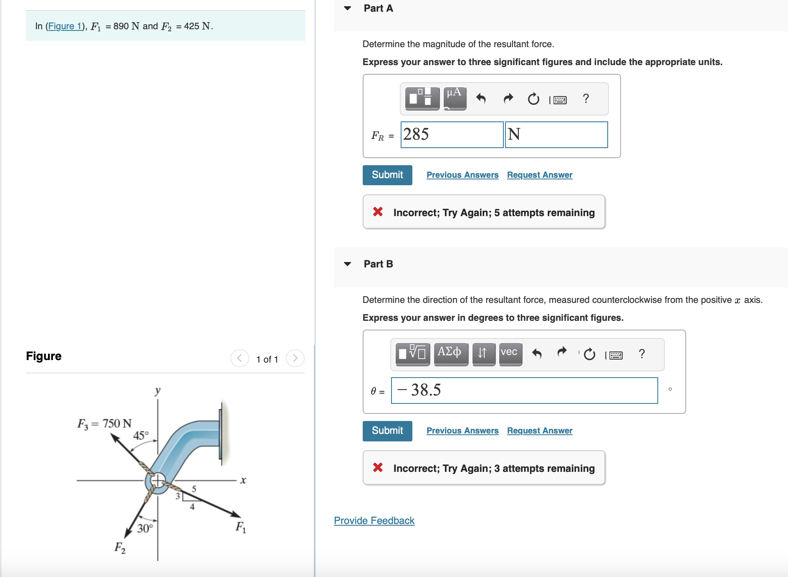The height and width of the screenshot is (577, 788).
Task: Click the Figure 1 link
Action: [x=65, y=26]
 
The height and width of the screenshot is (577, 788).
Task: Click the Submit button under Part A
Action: [x=387, y=175]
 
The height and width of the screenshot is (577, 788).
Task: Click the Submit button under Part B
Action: [x=387, y=431]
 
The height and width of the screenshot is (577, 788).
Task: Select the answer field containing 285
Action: [x=452, y=135]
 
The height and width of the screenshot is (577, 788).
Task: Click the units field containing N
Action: [x=556, y=135]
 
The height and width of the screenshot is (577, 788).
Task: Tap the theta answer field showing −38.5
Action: [x=524, y=391]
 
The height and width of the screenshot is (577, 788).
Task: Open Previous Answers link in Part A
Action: [x=462, y=175]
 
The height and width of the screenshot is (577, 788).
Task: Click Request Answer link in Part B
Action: [x=539, y=431]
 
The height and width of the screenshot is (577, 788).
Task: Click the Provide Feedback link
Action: [x=374, y=521]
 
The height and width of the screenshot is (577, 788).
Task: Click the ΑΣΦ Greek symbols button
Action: [x=450, y=353]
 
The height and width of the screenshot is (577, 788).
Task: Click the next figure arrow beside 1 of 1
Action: [x=295, y=358]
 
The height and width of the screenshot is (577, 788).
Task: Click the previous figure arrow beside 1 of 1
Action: [x=240, y=358]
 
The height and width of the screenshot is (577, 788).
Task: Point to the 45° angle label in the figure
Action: [x=141, y=436]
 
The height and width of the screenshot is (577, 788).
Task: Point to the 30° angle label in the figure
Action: [x=145, y=529]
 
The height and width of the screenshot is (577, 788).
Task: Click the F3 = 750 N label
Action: [x=104, y=424]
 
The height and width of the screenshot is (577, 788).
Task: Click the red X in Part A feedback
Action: [x=378, y=212]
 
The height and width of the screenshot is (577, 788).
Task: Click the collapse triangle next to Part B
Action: [x=347, y=264]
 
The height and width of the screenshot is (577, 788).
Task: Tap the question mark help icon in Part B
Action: [x=642, y=354]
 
